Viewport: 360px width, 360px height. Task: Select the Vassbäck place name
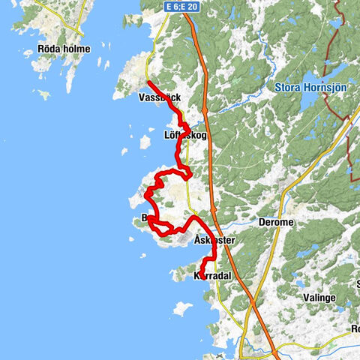[159, 97]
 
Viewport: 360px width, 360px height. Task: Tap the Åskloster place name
[214, 241]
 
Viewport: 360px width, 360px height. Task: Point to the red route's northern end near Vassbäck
[148, 82]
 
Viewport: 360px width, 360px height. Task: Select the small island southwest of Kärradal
[182, 307]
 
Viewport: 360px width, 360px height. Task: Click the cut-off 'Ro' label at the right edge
[355, 328]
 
